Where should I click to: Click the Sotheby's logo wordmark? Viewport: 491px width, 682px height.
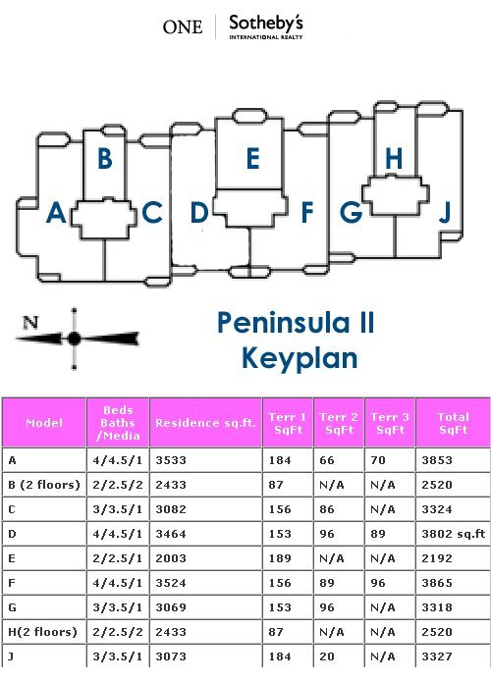point(266,26)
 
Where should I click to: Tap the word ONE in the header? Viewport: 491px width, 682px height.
point(183,26)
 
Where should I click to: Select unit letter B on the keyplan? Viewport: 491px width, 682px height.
point(105,158)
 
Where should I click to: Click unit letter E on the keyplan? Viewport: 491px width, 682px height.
point(253,158)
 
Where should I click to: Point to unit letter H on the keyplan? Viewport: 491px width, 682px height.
point(394,158)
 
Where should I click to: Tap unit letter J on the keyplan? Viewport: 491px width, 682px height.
point(445,213)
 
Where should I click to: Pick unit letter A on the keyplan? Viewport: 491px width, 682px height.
point(56,213)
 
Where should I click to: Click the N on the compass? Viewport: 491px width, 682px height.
point(30,322)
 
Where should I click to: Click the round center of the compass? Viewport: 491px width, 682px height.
point(74,339)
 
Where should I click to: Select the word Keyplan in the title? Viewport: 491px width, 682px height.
point(300,358)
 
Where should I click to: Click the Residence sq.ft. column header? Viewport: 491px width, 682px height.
point(205,423)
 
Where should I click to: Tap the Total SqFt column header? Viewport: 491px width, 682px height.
point(453,423)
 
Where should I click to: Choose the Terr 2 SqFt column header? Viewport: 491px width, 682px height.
point(339,423)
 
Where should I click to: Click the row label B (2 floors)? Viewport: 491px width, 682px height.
point(44,485)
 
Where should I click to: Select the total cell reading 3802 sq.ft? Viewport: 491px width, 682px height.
point(453,534)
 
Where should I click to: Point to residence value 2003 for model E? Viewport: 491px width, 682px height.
point(171,558)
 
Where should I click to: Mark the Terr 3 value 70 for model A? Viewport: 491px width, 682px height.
point(378,460)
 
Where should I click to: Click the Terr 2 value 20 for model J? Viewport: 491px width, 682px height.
point(327,656)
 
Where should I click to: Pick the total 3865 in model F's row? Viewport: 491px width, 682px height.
point(437,583)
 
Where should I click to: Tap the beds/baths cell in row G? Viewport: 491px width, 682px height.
point(118,607)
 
